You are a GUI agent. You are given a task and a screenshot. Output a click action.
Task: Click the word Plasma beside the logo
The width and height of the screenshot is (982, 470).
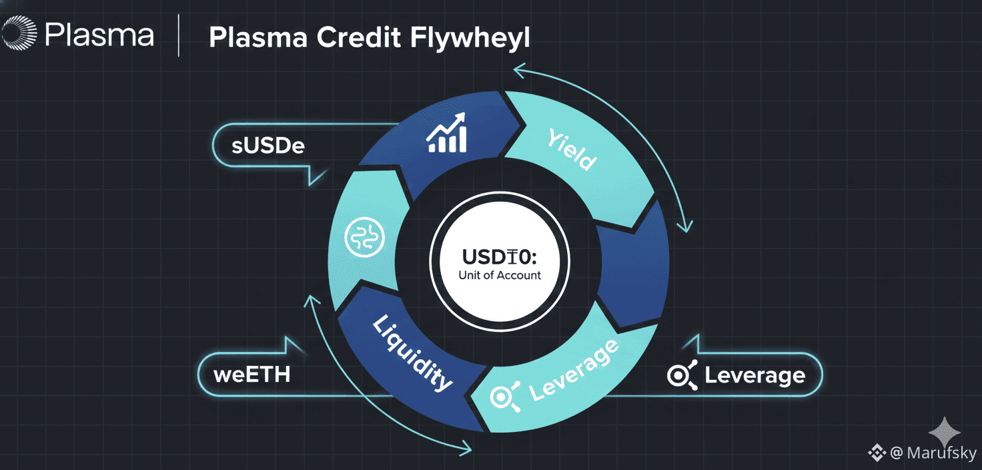99,35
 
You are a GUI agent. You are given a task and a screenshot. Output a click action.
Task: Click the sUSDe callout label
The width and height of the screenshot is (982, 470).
268,146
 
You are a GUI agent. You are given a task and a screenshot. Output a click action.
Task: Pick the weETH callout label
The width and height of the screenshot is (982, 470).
252,374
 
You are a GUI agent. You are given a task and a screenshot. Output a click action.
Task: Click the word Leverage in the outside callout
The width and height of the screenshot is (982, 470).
755,375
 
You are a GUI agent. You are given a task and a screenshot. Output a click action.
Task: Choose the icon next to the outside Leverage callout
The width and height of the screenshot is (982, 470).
682,375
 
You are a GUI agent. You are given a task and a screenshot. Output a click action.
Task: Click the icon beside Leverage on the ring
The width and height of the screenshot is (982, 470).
504,397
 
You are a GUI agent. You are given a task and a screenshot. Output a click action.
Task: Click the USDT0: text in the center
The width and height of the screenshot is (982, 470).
499,256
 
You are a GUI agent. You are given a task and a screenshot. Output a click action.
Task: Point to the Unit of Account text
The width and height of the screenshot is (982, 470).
500,274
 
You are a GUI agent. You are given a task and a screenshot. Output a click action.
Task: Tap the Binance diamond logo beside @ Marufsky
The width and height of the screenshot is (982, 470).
876,453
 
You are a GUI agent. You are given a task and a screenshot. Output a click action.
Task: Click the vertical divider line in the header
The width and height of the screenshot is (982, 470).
179,37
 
